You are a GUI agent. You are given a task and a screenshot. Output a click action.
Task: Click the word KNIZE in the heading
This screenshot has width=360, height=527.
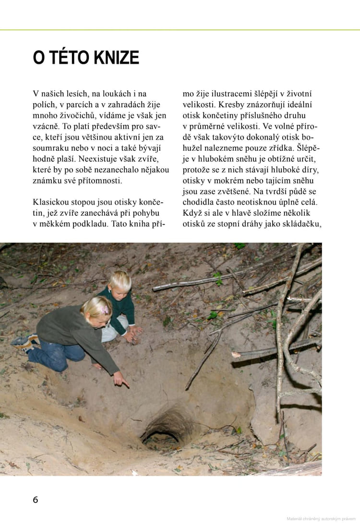point(116,58)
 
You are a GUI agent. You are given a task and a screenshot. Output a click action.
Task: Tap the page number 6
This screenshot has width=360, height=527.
point(36,500)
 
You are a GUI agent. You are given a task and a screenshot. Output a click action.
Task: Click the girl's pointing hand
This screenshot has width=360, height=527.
point(121,380)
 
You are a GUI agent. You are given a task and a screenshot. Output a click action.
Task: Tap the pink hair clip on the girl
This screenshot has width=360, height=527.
point(104,309)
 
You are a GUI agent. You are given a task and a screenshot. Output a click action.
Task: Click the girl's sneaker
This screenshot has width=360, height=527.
point(23,342)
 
